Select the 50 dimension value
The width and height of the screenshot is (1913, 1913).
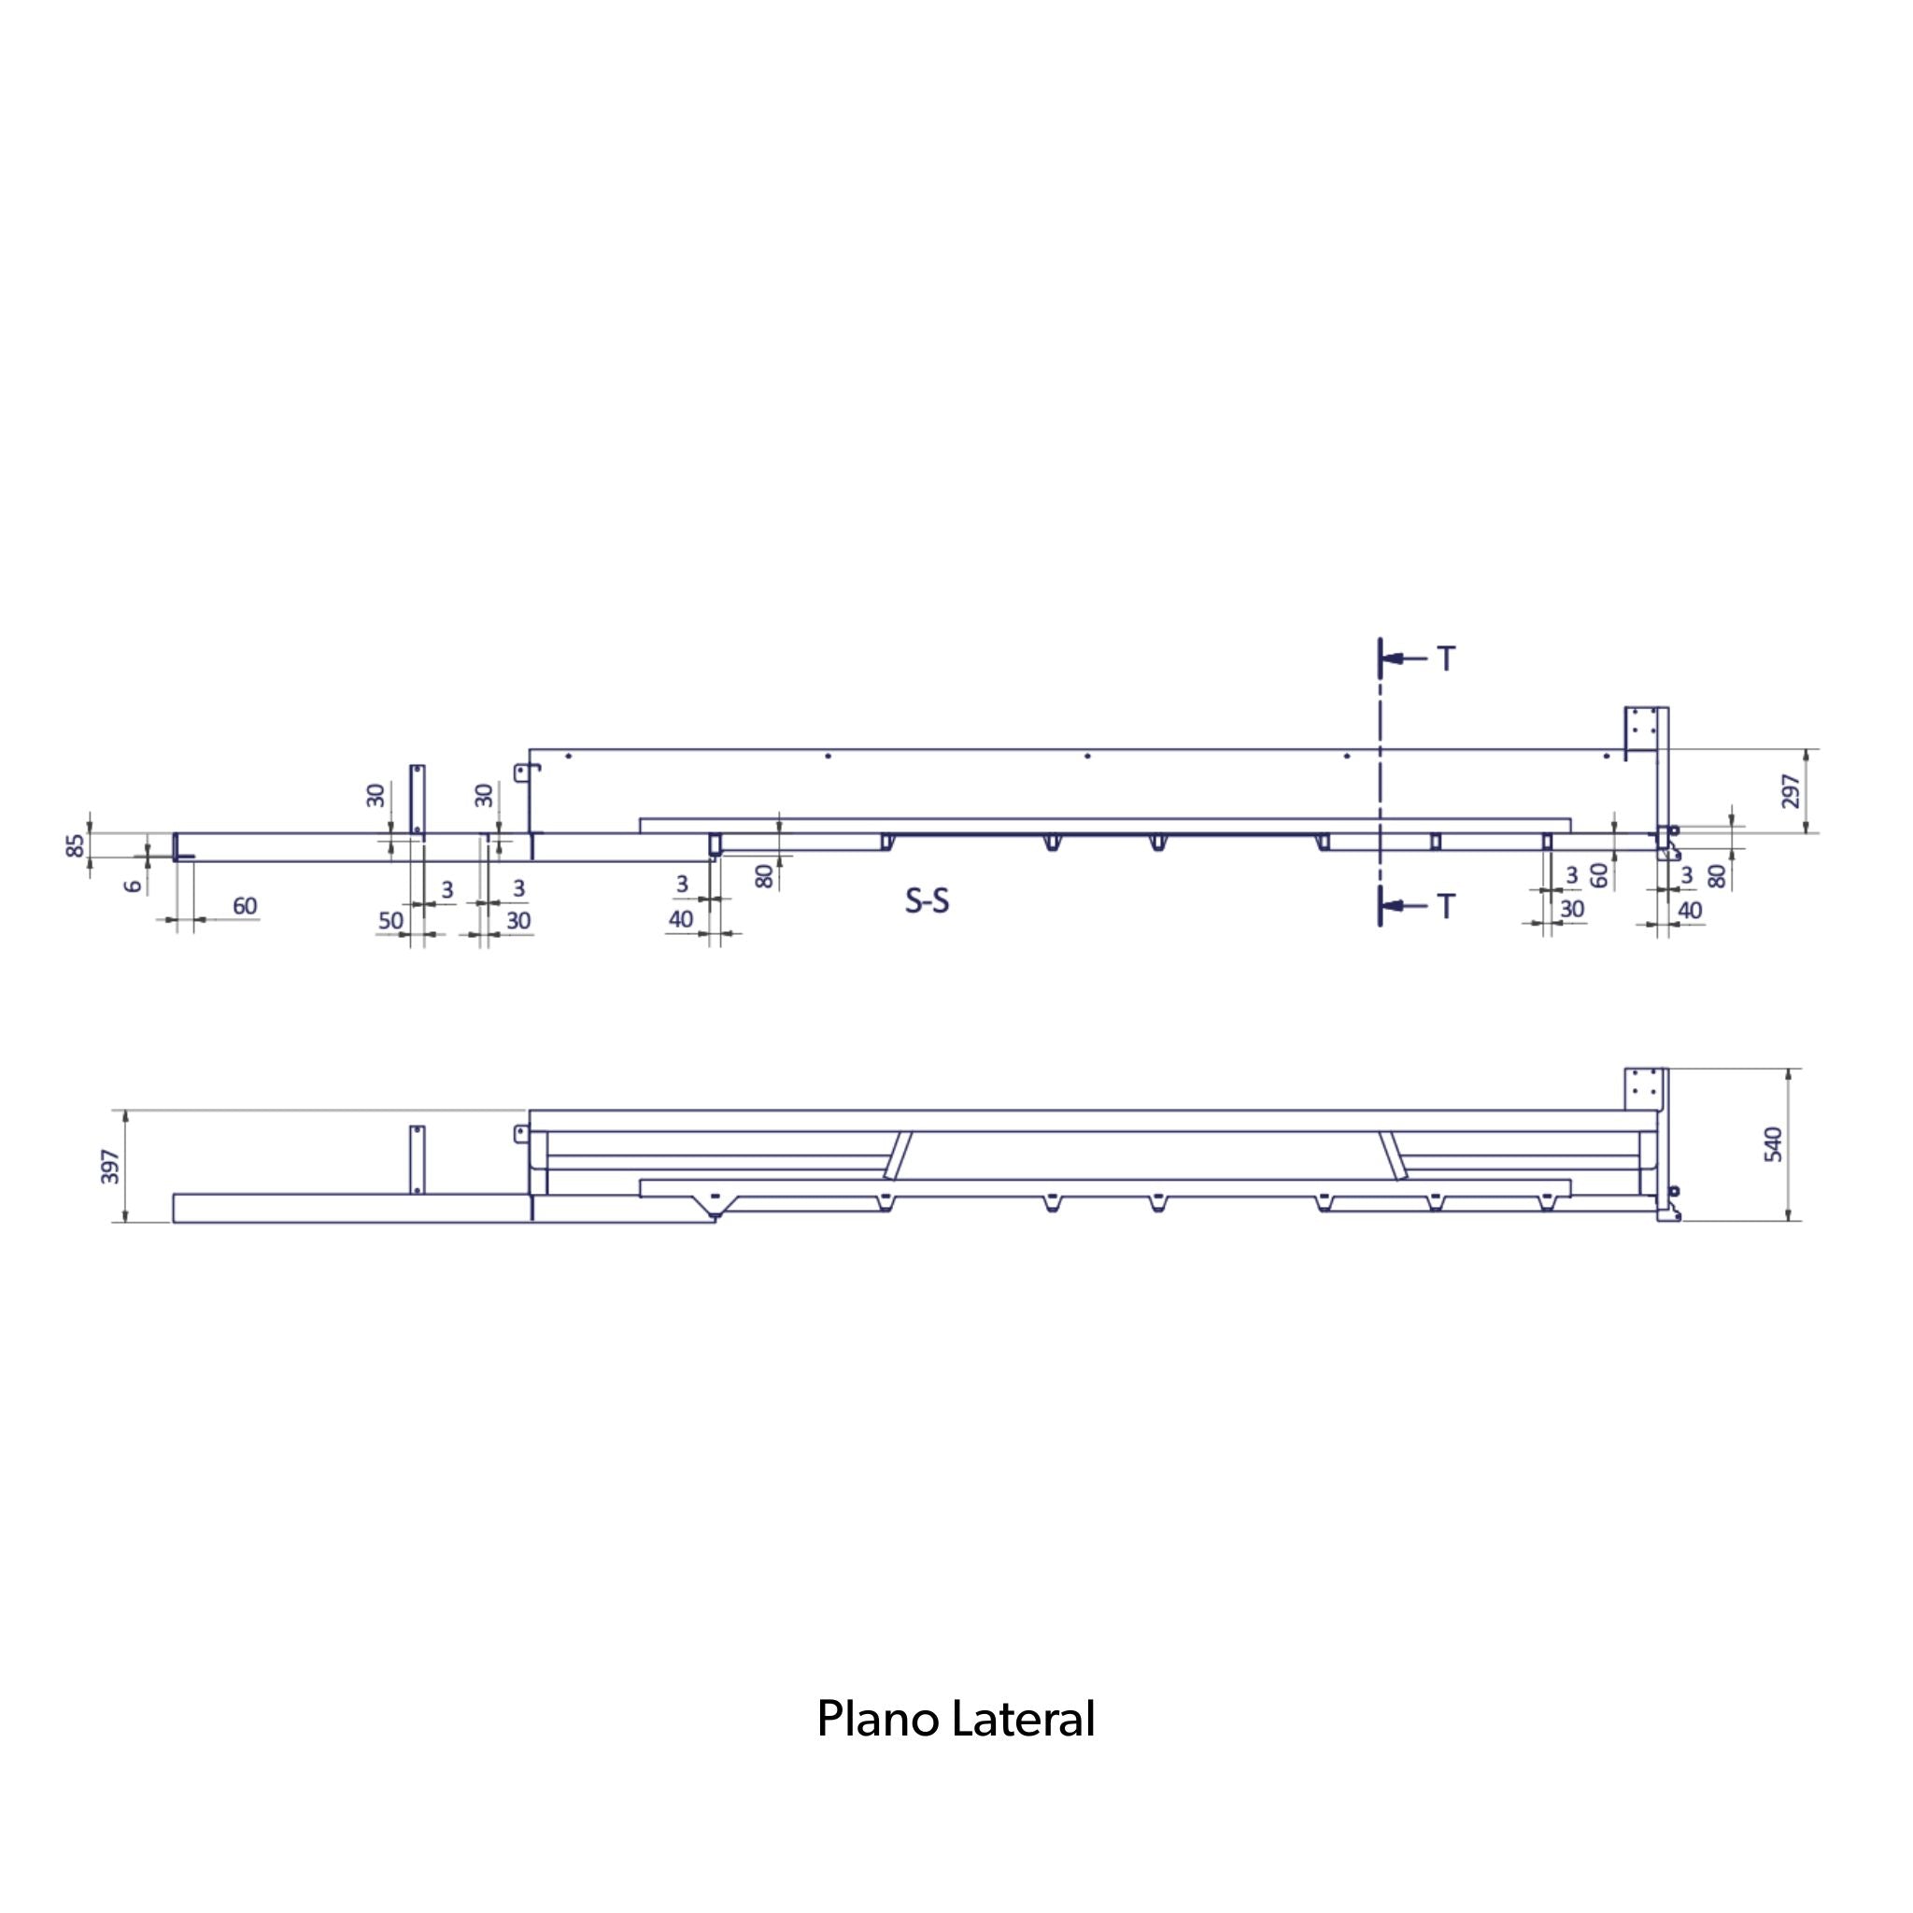pyautogui.click(x=391, y=920)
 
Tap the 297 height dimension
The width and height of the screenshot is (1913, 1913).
pyautogui.click(x=1792, y=791)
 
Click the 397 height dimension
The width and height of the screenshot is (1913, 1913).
pyautogui.click(x=111, y=1167)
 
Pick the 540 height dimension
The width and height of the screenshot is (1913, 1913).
pyautogui.click(x=1774, y=1144)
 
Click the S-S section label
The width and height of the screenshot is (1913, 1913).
pyautogui.click(x=927, y=900)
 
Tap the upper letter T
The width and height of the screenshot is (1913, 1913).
pyautogui.click(x=1447, y=659)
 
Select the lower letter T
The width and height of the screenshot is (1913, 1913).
pyautogui.click(x=1447, y=906)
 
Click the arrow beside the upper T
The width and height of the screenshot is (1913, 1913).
pyautogui.click(x=1404, y=659)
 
